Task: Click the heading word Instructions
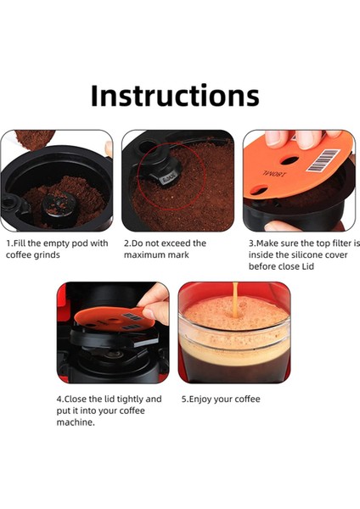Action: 175,95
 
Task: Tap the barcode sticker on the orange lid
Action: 323,160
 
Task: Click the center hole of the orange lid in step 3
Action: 290,160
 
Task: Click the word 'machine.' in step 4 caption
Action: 76,422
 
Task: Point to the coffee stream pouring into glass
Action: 235,299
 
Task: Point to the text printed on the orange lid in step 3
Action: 275,174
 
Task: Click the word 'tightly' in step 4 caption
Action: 127,400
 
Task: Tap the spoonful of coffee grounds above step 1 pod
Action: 35,139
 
